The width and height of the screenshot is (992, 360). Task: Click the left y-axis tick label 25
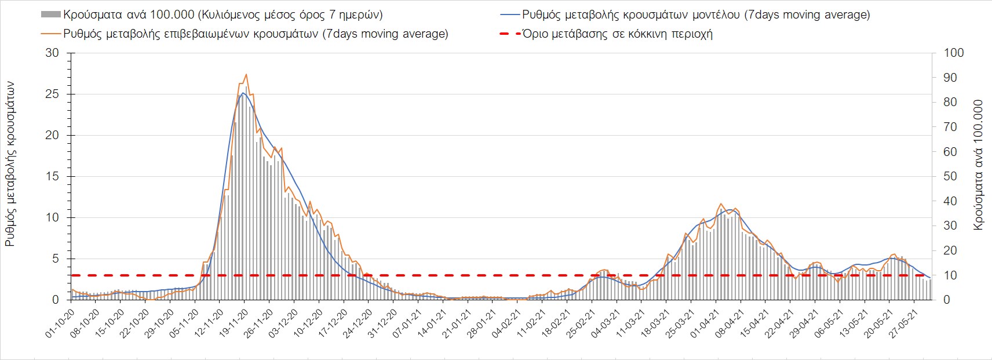(53, 94)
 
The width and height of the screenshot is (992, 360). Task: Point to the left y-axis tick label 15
(53, 176)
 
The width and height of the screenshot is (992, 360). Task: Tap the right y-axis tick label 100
(954, 53)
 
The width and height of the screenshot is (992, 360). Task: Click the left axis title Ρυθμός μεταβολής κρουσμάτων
(10, 164)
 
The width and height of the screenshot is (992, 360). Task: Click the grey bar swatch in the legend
(50, 14)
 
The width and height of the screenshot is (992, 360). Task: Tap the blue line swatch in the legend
(509, 14)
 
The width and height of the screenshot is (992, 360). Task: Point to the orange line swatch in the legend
(50, 34)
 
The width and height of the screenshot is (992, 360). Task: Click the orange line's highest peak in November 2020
(246, 74)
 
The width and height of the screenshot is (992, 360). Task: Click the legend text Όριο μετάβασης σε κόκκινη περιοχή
(618, 34)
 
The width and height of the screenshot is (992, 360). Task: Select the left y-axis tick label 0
(56, 300)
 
